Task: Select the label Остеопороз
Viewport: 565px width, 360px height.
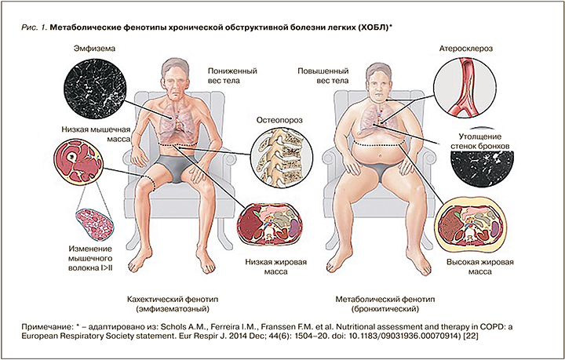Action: click(279, 121)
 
